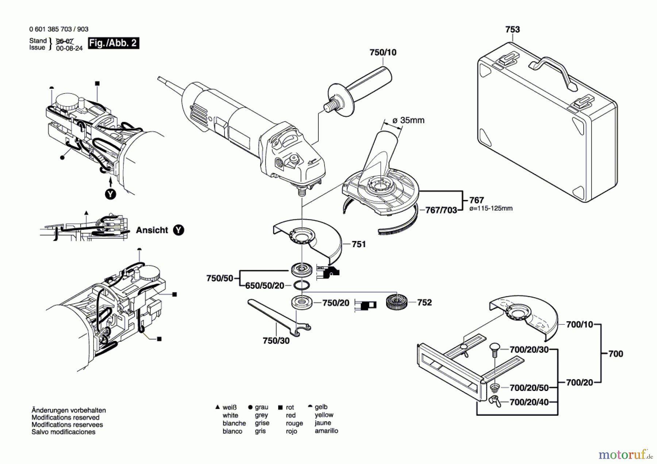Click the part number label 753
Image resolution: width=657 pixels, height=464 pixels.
512,29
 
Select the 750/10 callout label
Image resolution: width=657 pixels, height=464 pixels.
383,52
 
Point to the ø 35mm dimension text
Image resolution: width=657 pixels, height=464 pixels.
408,120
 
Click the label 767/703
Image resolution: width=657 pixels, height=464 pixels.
441,210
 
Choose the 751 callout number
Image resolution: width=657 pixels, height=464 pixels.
359,244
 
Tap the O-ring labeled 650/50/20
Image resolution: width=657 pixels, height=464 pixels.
301,285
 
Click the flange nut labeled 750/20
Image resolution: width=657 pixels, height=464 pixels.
302,303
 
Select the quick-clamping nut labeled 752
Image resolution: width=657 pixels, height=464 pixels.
397,302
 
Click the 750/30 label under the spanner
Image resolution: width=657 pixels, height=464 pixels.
276,341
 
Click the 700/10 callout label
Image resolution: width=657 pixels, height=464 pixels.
579,324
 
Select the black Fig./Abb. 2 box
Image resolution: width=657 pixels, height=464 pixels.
114,43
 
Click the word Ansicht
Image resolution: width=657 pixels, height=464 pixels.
152,230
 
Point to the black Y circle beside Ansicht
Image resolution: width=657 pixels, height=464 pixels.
178,230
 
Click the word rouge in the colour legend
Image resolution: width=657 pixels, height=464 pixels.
294,423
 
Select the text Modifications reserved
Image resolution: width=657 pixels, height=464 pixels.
65,417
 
